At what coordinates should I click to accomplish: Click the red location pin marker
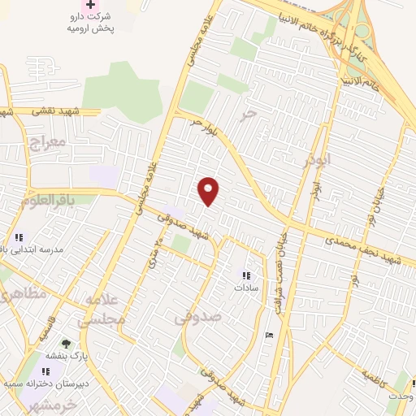[209, 191]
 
